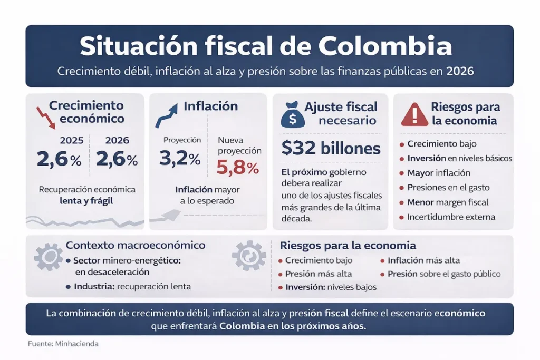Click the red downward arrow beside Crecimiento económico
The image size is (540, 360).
(x=45, y=118)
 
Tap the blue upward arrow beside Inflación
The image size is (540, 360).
(x=166, y=115)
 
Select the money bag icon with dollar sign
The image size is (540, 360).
(x=292, y=114)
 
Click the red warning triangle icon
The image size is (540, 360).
(x=414, y=114)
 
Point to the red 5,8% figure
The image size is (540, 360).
(x=238, y=168)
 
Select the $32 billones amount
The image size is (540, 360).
(x=331, y=149)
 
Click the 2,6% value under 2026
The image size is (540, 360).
(x=117, y=159)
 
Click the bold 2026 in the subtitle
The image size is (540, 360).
(x=460, y=71)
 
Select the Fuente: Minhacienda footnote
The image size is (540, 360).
(x=63, y=344)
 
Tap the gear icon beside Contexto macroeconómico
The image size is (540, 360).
(x=48, y=257)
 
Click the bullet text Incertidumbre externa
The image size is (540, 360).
(x=451, y=217)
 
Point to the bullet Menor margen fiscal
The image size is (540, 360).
(x=448, y=202)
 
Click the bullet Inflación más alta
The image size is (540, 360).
(x=423, y=260)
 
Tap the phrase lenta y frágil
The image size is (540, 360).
(x=87, y=200)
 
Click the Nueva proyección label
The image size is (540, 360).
(x=239, y=145)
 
